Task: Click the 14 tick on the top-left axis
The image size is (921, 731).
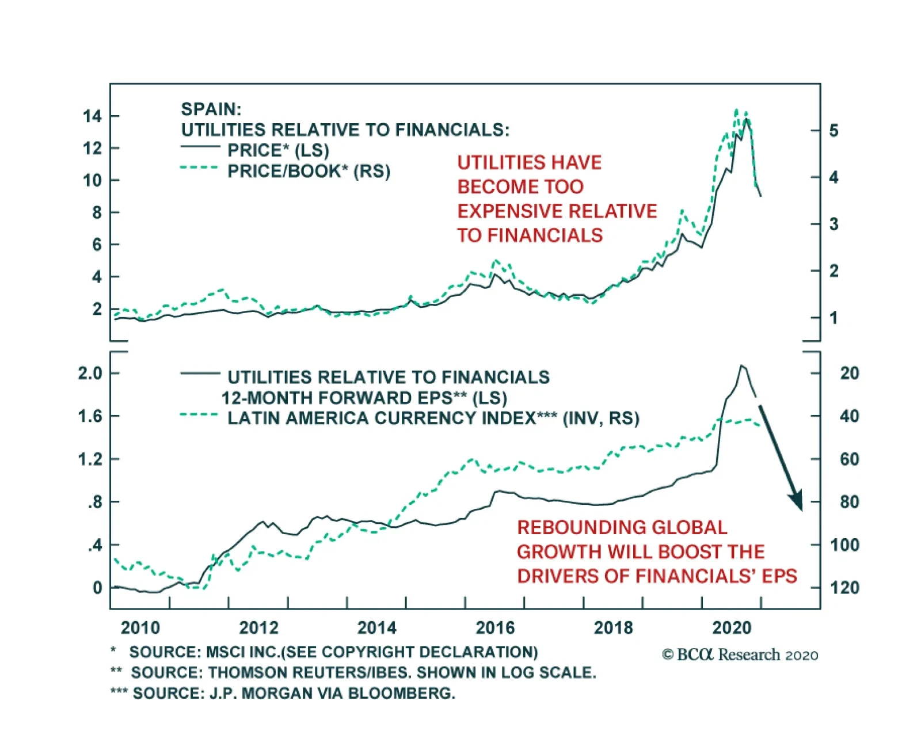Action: (x=92, y=116)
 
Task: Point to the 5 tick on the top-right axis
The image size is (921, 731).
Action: (x=834, y=131)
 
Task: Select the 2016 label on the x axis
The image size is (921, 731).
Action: (x=495, y=627)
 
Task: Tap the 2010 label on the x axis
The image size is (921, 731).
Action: (x=140, y=627)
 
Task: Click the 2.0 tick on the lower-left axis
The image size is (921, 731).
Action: (x=90, y=373)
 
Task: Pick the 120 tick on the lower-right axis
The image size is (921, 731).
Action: (x=844, y=588)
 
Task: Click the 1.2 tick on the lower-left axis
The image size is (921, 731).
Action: (x=90, y=459)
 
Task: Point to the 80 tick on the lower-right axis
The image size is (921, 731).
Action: (x=849, y=502)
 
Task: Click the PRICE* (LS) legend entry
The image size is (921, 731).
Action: (x=278, y=150)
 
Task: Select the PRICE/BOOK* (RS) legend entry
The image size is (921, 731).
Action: (x=309, y=171)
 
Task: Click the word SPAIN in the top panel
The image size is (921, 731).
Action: (x=211, y=109)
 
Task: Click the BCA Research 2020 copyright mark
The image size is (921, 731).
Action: (x=740, y=655)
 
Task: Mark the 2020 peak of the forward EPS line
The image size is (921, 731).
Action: (x=742, y=365)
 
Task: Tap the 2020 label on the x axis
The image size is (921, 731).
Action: (x=731, y=627)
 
